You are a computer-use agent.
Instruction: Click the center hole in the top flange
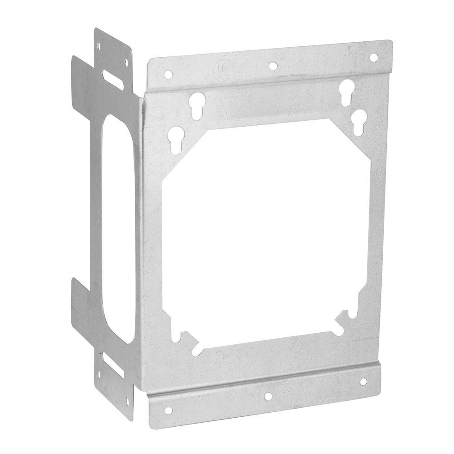click(272, 66)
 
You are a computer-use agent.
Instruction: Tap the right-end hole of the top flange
click(374, 58)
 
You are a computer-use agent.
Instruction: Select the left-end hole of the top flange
click(168, 74)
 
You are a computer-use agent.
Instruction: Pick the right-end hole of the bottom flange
click(363, 382)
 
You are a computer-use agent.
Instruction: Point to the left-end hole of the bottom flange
click(169, 410)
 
